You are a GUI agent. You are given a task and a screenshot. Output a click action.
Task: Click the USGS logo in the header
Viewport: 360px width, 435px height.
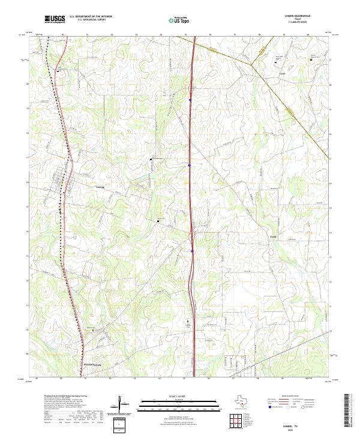click(x=55, y=19)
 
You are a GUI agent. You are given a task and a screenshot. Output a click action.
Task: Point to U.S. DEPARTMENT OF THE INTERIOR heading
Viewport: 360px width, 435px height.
click(x=91, y=16)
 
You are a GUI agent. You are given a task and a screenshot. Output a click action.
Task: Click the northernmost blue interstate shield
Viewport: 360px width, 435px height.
click(x=190, y=100)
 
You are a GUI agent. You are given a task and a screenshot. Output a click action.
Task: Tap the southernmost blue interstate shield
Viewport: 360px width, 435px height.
click(x=192, y=251)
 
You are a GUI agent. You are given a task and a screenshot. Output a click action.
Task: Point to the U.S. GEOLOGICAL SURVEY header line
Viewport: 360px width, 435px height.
click(x=91, y=20)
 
